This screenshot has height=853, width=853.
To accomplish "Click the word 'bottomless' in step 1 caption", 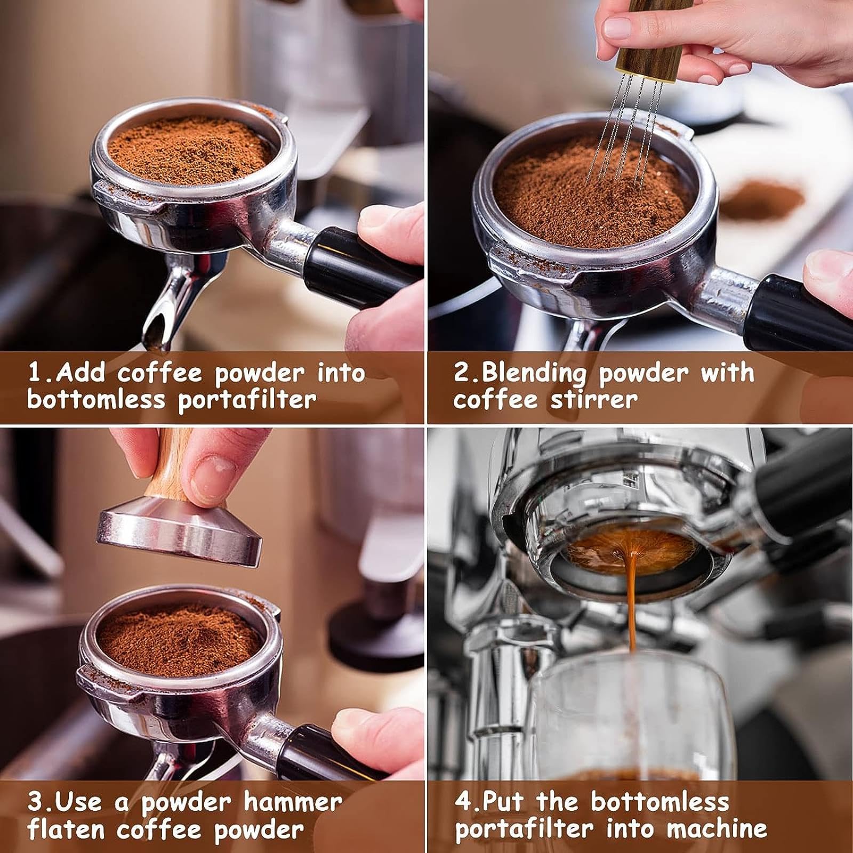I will (96, 399).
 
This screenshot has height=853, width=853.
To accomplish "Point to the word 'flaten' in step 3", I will (67, 830).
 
